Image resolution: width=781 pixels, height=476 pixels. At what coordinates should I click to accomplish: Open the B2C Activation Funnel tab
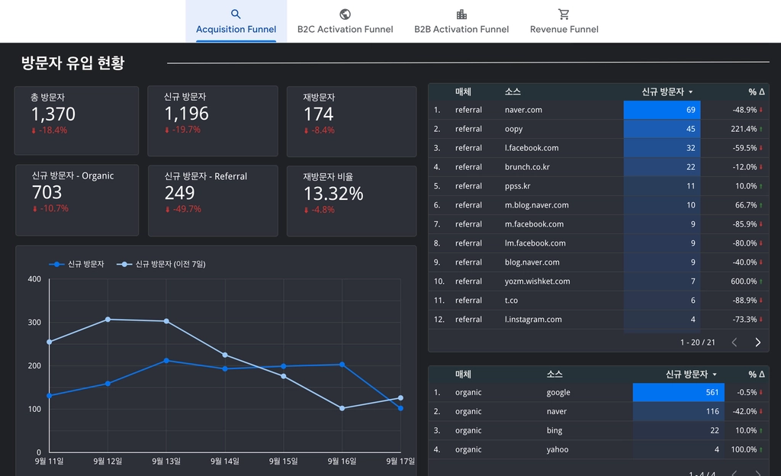(345, 22)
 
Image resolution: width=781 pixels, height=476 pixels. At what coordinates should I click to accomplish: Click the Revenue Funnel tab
(564, 22)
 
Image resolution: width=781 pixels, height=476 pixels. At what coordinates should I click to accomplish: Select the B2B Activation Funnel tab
(461, 22)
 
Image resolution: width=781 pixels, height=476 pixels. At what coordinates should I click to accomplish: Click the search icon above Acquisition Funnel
(236, 14)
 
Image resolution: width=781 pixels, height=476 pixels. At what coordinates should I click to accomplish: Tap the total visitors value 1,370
(53, 114)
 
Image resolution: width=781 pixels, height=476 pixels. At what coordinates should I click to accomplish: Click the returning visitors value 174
(318, 114)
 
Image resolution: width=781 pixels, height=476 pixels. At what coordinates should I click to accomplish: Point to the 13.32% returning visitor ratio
(333, 194)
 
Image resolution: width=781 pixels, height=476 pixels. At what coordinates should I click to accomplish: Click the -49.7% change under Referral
(183, 209)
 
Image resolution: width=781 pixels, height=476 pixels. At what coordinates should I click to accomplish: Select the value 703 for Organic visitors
(47, 192)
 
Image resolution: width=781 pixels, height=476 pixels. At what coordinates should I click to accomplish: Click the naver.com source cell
(523, 110)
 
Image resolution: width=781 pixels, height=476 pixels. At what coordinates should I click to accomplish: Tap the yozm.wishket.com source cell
(537, 281)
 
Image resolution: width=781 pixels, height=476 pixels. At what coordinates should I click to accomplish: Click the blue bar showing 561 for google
(678, 392)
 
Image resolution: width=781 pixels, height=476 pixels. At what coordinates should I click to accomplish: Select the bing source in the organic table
(554, 431)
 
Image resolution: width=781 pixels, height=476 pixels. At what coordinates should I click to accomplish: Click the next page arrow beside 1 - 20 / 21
(757, 342)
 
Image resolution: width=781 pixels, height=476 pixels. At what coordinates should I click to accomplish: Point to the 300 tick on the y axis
(34, 322)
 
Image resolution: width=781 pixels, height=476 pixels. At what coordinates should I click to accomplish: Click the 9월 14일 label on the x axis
(225, 461)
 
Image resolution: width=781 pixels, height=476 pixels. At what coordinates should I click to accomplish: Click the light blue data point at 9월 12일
(108, 319)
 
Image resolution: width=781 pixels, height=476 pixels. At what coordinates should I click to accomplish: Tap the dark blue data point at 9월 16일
(342, 365)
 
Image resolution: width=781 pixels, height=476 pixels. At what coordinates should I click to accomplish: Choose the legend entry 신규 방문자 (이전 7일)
(161, 264)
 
